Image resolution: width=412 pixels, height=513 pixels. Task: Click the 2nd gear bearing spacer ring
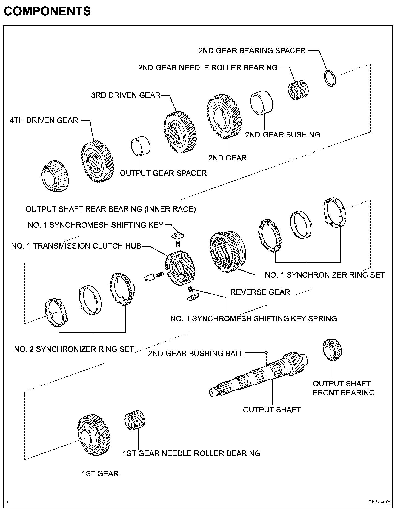(x=330, y=78)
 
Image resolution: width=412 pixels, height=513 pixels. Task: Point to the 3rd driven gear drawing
(x=181, y=132)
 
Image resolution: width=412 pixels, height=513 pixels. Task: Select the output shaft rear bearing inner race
(x=55, y=176)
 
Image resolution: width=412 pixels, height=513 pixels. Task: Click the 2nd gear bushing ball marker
(x=266, y=353)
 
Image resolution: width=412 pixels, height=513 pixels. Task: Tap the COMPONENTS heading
(x=47, y=11)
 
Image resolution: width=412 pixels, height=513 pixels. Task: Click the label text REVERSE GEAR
(x=260, y=292)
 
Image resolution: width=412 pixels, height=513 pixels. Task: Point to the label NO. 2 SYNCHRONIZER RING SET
(x=74, y=349)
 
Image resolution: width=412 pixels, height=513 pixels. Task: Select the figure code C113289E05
(x=379, y=502)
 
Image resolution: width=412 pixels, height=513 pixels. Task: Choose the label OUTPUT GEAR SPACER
(x=163, y=173)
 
